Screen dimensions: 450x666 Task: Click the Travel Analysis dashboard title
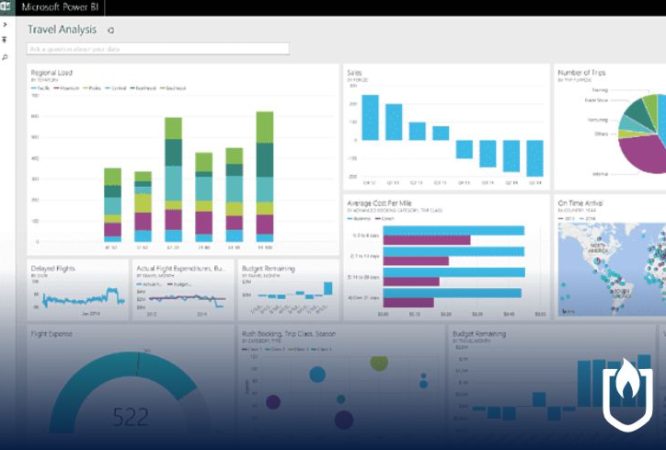(x=62, y=30)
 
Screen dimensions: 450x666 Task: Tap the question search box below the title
(x=158, y=48)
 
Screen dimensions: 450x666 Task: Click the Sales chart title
(x=355, y=72)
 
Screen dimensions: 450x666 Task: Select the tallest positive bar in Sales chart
(x=370, y=117)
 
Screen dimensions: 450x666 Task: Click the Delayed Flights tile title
(x=53, y=268)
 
